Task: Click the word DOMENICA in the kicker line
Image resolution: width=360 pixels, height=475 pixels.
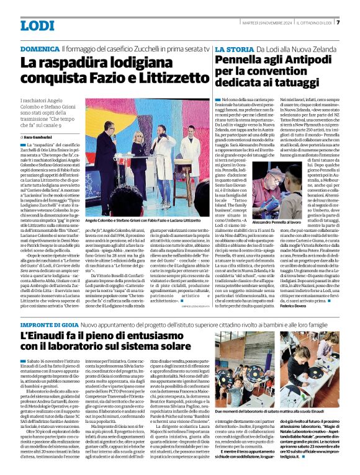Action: click(40, 48)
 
